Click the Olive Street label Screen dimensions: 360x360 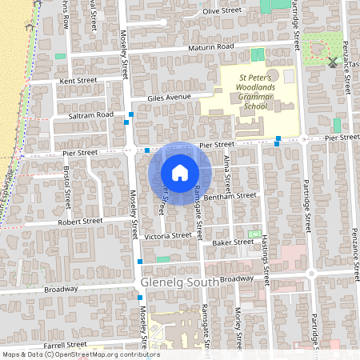click(222, 11)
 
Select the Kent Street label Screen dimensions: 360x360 click(78, 81)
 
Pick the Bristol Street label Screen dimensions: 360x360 click(67, 185)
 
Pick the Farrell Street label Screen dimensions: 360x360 click(66, 344)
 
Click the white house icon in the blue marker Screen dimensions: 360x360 click(180, 173)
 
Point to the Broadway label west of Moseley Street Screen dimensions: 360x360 click(61, 288)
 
